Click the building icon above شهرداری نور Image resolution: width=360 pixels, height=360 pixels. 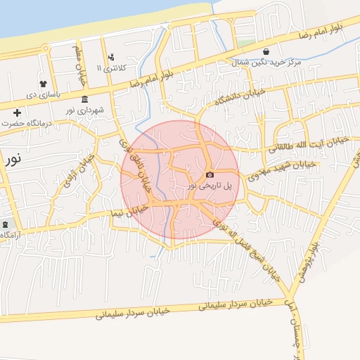coord(84,98)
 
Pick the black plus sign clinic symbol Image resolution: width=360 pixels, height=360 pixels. coord(18,112)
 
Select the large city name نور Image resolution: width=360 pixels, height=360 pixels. coord(12,158)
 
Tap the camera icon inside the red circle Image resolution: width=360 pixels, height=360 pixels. coord(210,174)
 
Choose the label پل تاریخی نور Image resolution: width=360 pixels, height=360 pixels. coord(214,185)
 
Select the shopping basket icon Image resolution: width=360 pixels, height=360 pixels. coord(266,51)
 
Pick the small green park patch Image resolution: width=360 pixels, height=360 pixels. coord(245,43)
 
